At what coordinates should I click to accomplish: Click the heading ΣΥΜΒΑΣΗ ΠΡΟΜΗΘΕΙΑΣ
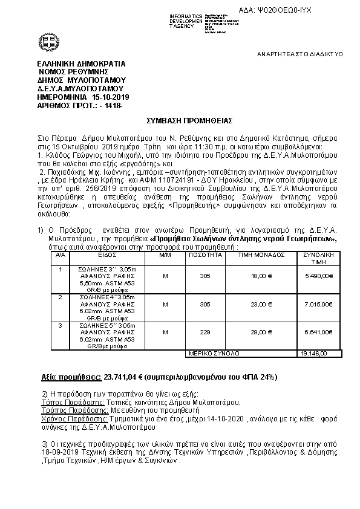click(x=180, y=121)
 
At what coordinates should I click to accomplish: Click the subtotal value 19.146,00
click(x=314, y=353)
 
